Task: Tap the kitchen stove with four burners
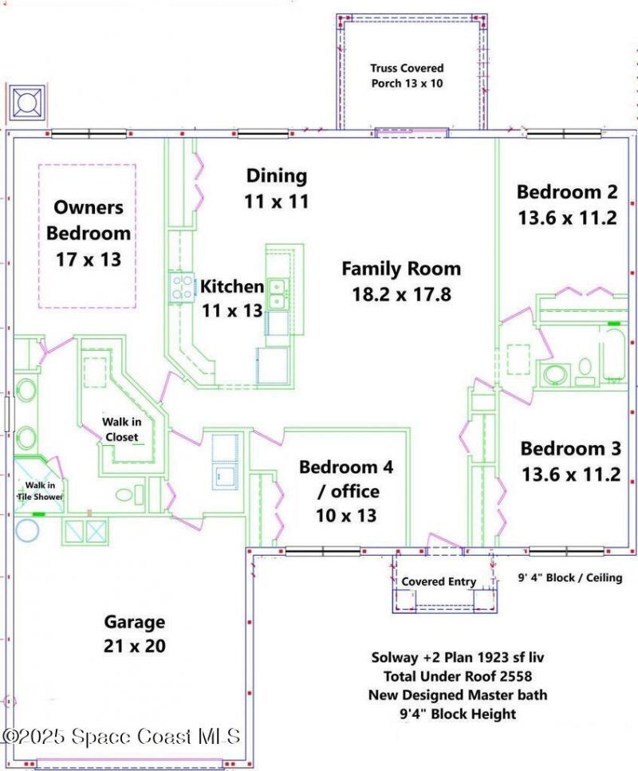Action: click(182, 288)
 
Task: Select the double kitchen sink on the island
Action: click(278, 293)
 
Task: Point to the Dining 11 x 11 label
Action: click(277, 188)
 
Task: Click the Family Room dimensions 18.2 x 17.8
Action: click(401, 294)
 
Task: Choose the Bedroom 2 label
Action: click(567, 191)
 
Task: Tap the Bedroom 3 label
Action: click(570, 448)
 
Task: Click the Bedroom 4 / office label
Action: click(346, 478)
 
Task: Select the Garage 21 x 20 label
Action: click(134, 634)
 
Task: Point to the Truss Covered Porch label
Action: click(407, 76)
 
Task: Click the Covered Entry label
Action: click(439, 582)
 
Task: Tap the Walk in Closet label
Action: click(121, 429)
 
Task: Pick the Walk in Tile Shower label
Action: click(40, 490)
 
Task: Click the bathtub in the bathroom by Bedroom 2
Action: click(612, 355)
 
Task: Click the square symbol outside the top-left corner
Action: click(27, 103)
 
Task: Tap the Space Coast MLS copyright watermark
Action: click(120, 736)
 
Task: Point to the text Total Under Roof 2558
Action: click(458, 676)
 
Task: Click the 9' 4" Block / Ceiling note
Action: click(569, 577)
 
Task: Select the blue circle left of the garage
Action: click(27, 531)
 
